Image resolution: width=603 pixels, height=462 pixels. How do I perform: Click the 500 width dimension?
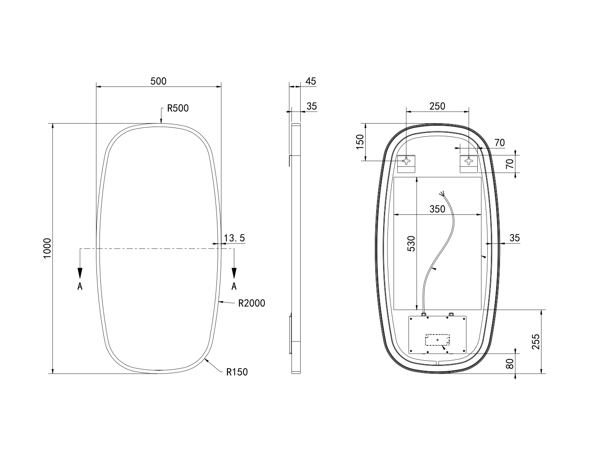point(158,81)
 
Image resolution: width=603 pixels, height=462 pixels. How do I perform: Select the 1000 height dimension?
point(47,248)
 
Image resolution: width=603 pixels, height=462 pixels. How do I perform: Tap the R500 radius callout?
point(178,108)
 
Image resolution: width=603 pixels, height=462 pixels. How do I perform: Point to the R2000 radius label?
point(252,303)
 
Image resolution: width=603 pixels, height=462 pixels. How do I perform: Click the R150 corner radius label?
point(237,372)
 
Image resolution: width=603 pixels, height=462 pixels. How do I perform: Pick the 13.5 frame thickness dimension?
point(234,238)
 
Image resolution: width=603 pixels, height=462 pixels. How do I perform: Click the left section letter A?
point(80,286)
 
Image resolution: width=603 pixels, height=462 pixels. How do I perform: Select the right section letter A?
point(234,286)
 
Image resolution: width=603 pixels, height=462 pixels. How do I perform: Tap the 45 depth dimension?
point(311,81)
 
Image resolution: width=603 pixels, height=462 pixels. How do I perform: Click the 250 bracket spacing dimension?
point(437,106)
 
